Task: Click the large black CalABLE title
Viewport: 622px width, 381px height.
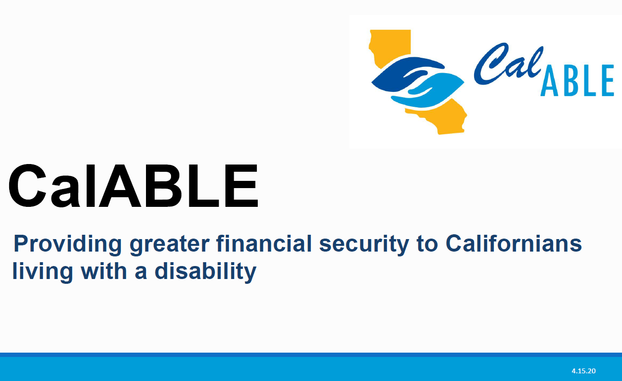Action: [x=133, y=186]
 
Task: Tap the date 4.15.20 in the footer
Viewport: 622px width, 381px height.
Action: [x=583, y=371]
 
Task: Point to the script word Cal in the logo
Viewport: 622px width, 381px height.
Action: [x=506, y=63]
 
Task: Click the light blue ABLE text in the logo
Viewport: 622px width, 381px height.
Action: [x=577, y=81]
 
